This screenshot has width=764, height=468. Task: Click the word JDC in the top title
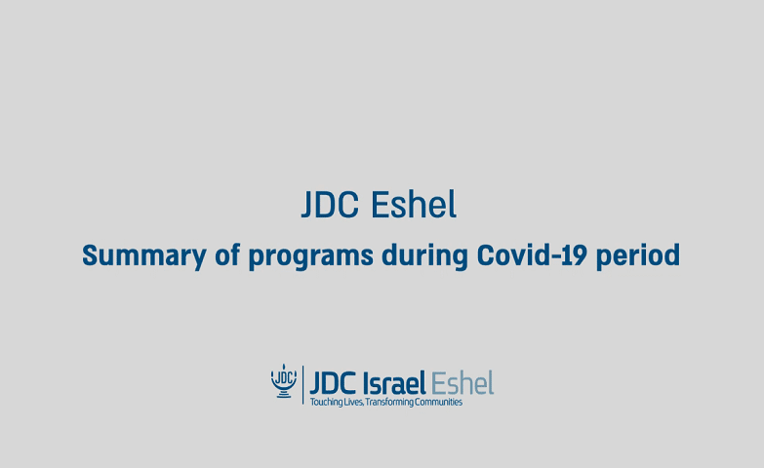click(x=330, y=205)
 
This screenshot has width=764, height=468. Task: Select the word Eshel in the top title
click(x=414, y=204)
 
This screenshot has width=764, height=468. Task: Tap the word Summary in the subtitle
click(x=144, y=255)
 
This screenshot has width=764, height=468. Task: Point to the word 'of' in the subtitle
click(x=227, y=254)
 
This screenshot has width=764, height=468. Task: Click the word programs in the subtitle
click(x=311, y=256)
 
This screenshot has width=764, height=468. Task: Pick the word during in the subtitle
click(x=424, y=255)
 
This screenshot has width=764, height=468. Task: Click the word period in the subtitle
click(x=638, y=255)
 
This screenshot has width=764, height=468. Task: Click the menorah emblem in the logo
click(x=284, y=381)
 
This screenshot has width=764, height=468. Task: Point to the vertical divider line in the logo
click(x=303, y=385)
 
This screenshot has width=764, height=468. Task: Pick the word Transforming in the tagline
click(x=389, y=403)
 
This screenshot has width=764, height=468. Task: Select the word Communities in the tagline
click(x=438, y=402)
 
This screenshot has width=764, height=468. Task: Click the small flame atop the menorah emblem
click(x=284, y=366)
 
